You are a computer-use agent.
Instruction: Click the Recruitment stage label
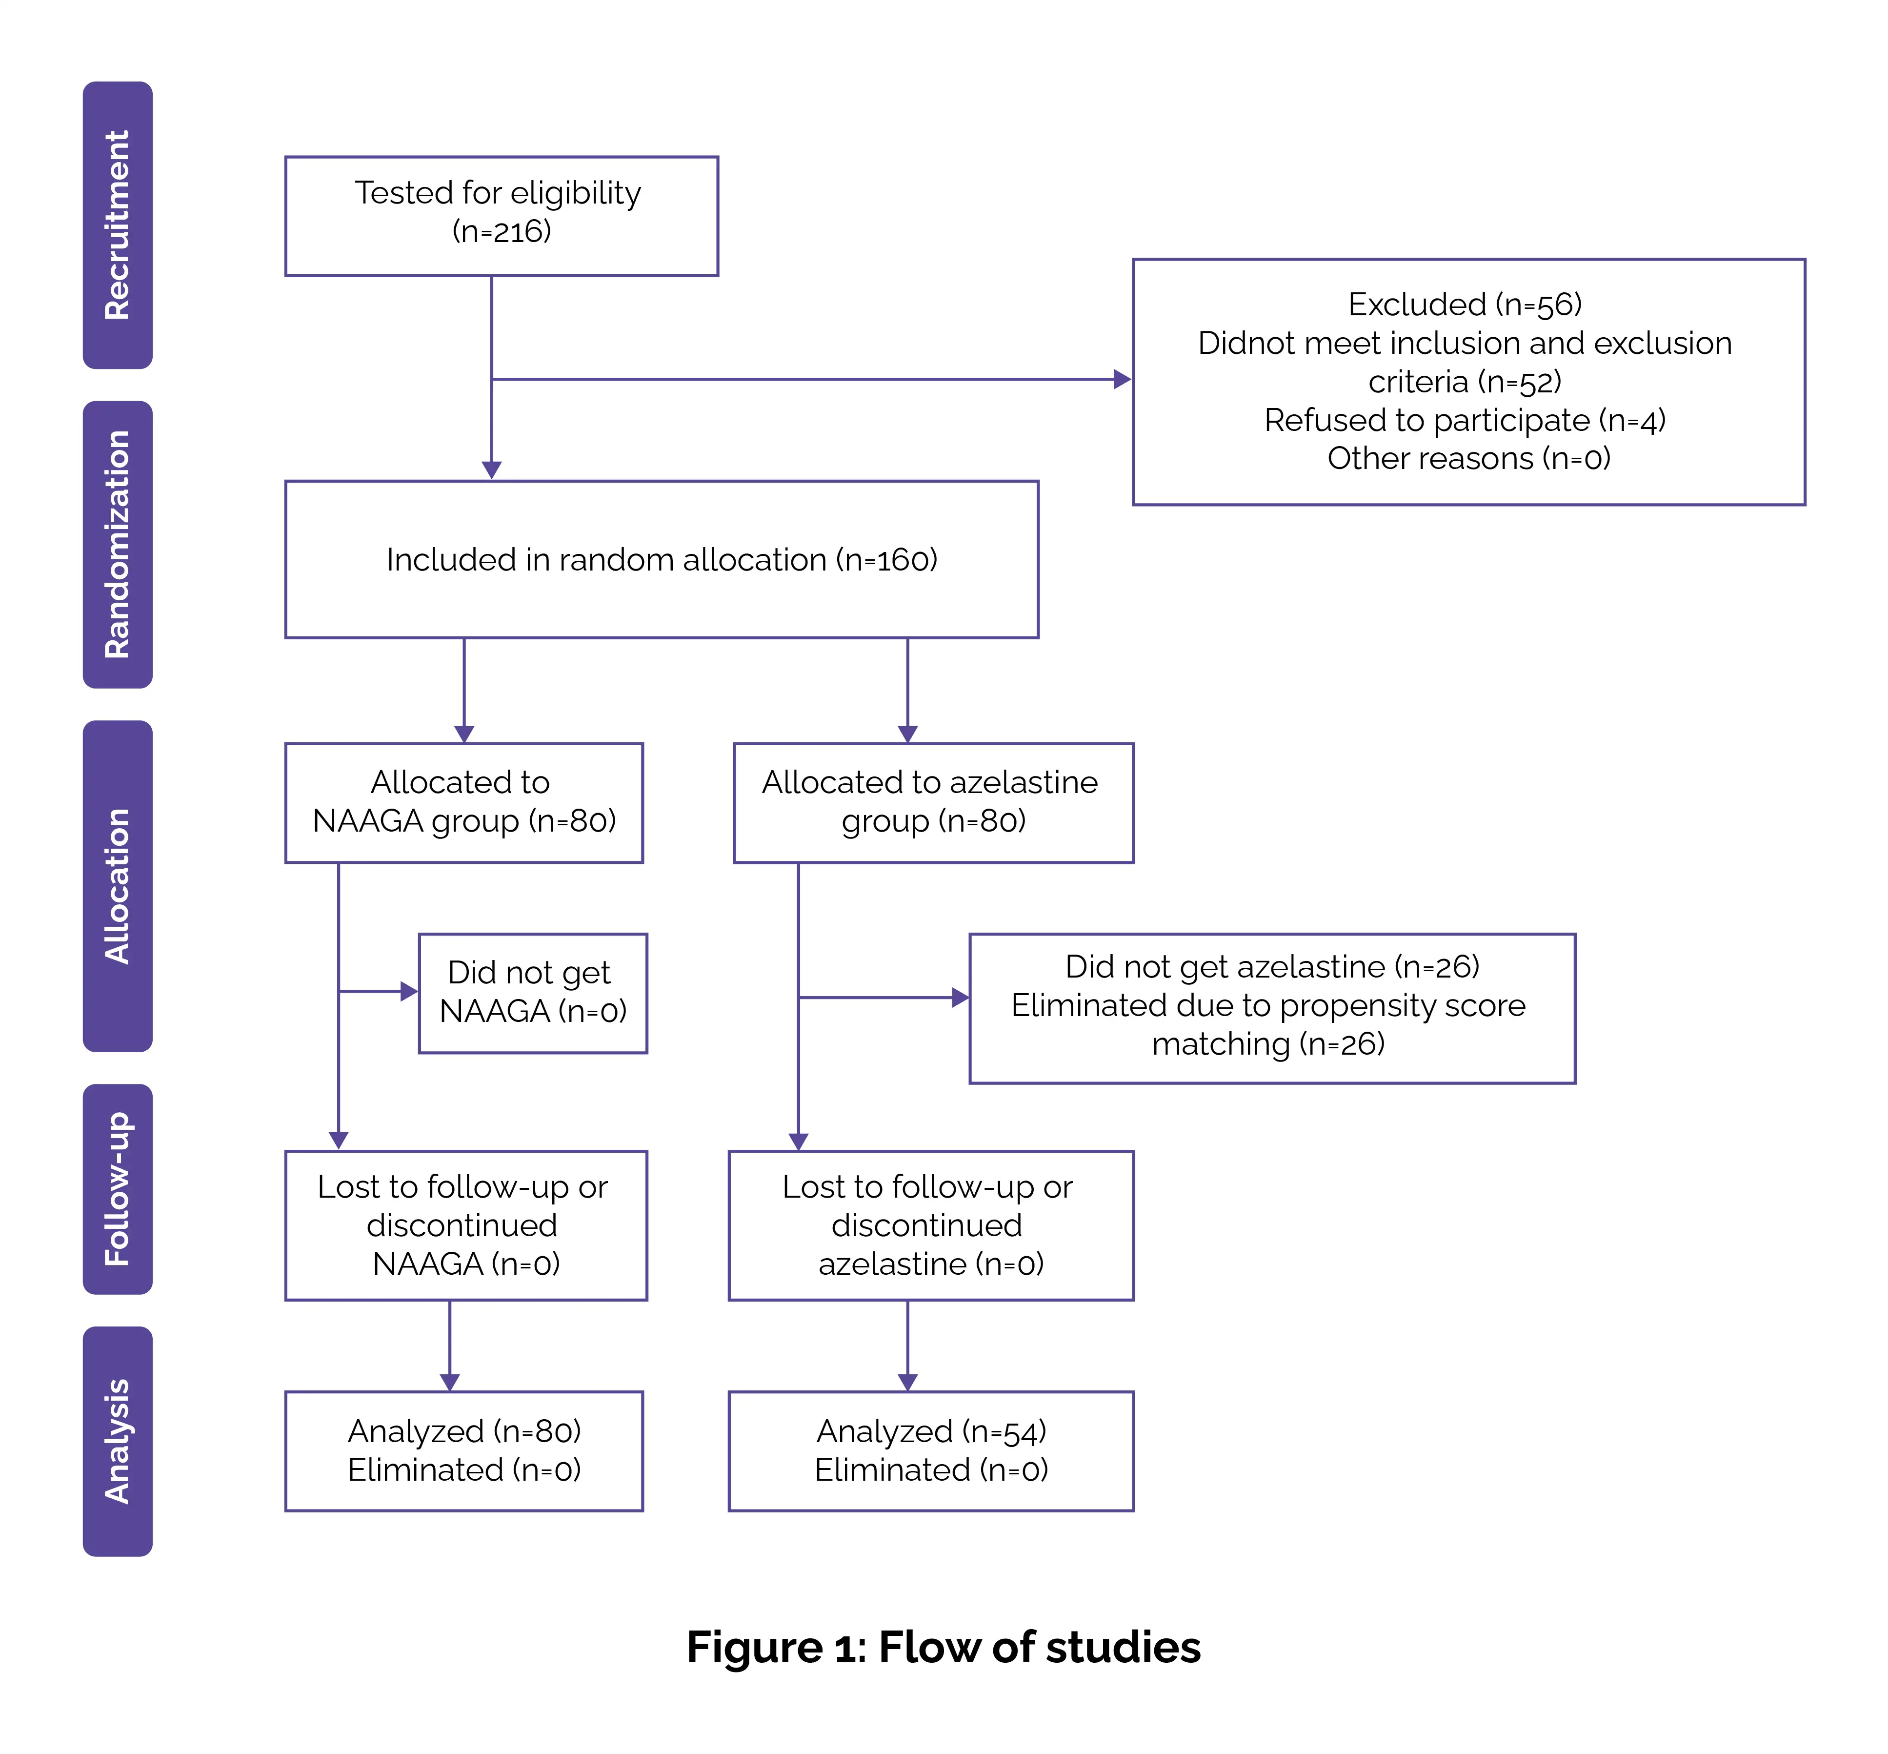[x=118, y=225]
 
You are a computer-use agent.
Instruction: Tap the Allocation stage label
[x=118, y=886]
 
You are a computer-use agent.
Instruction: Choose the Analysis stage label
[x=118, y=1441]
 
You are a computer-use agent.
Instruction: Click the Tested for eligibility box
[x=501, y=216]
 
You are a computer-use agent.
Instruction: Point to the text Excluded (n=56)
[x=1465, y=305]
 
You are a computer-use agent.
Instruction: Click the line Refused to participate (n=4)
[x=1465, y=420]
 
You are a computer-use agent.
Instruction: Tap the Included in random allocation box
[x=661, y=559]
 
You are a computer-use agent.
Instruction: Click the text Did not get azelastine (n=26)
[x=1271, y=966]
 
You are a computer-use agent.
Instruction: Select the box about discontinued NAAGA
[x=466, y=1225]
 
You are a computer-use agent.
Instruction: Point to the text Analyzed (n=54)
[x=931, y=1431]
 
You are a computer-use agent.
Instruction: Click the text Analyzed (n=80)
[x=464, y=1431]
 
